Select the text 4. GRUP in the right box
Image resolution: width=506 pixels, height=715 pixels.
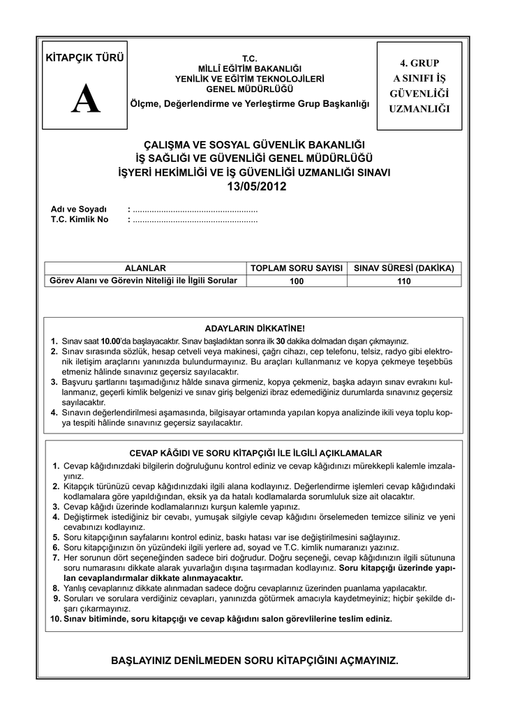(x=419, y=63)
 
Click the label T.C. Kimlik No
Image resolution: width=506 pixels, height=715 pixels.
(x=80, y=219)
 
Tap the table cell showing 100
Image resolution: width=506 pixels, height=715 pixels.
(x=297, y=281)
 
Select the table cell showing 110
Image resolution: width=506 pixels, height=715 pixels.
(x=404, y=281)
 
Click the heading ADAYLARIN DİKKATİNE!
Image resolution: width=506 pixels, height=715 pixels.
(x=254, y=328)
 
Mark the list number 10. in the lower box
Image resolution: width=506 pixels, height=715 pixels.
(x=55, y=619)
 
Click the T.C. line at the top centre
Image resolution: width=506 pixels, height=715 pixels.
(x=250, y=57)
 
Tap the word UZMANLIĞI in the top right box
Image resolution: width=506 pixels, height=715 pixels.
(x=419, y=109)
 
